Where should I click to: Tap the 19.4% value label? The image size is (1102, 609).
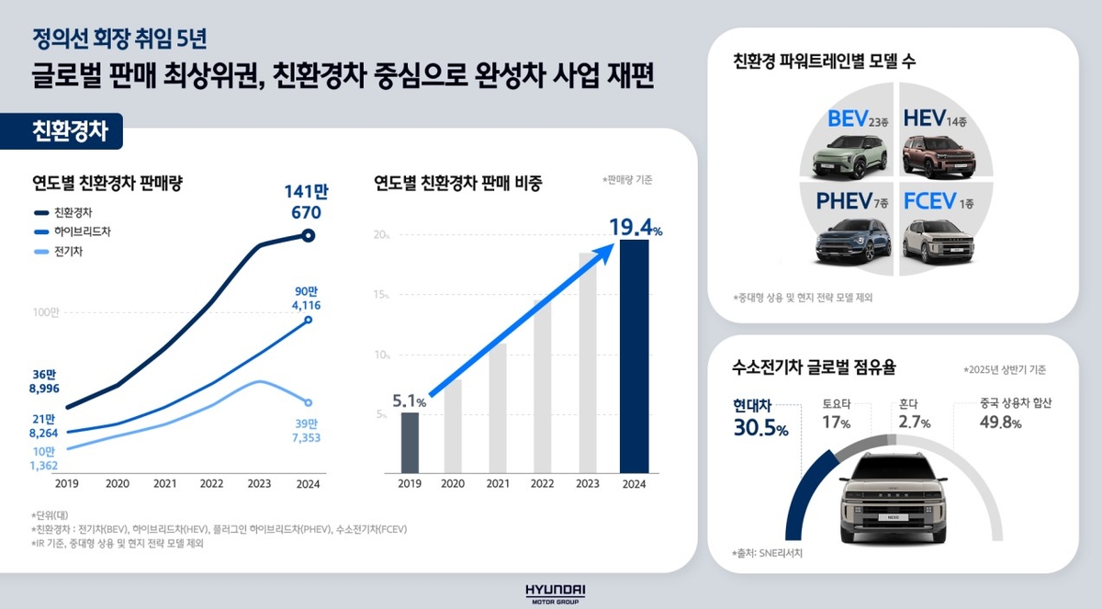(633, 227)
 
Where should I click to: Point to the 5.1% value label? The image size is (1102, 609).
(410, 400)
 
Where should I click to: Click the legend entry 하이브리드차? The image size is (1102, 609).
(77, 231)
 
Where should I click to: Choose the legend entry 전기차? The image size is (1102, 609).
(69, 252)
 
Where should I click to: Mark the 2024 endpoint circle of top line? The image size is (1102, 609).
(309, 236)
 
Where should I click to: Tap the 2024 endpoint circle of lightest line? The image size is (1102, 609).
(309, 402)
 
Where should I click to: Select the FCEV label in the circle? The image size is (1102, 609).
(930, 201)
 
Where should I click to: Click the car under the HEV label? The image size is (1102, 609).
(938, 155)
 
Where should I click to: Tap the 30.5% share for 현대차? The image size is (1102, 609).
(759, 428)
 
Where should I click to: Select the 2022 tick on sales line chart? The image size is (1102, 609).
(211, 483)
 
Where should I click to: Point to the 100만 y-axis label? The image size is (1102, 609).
(45, 313)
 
